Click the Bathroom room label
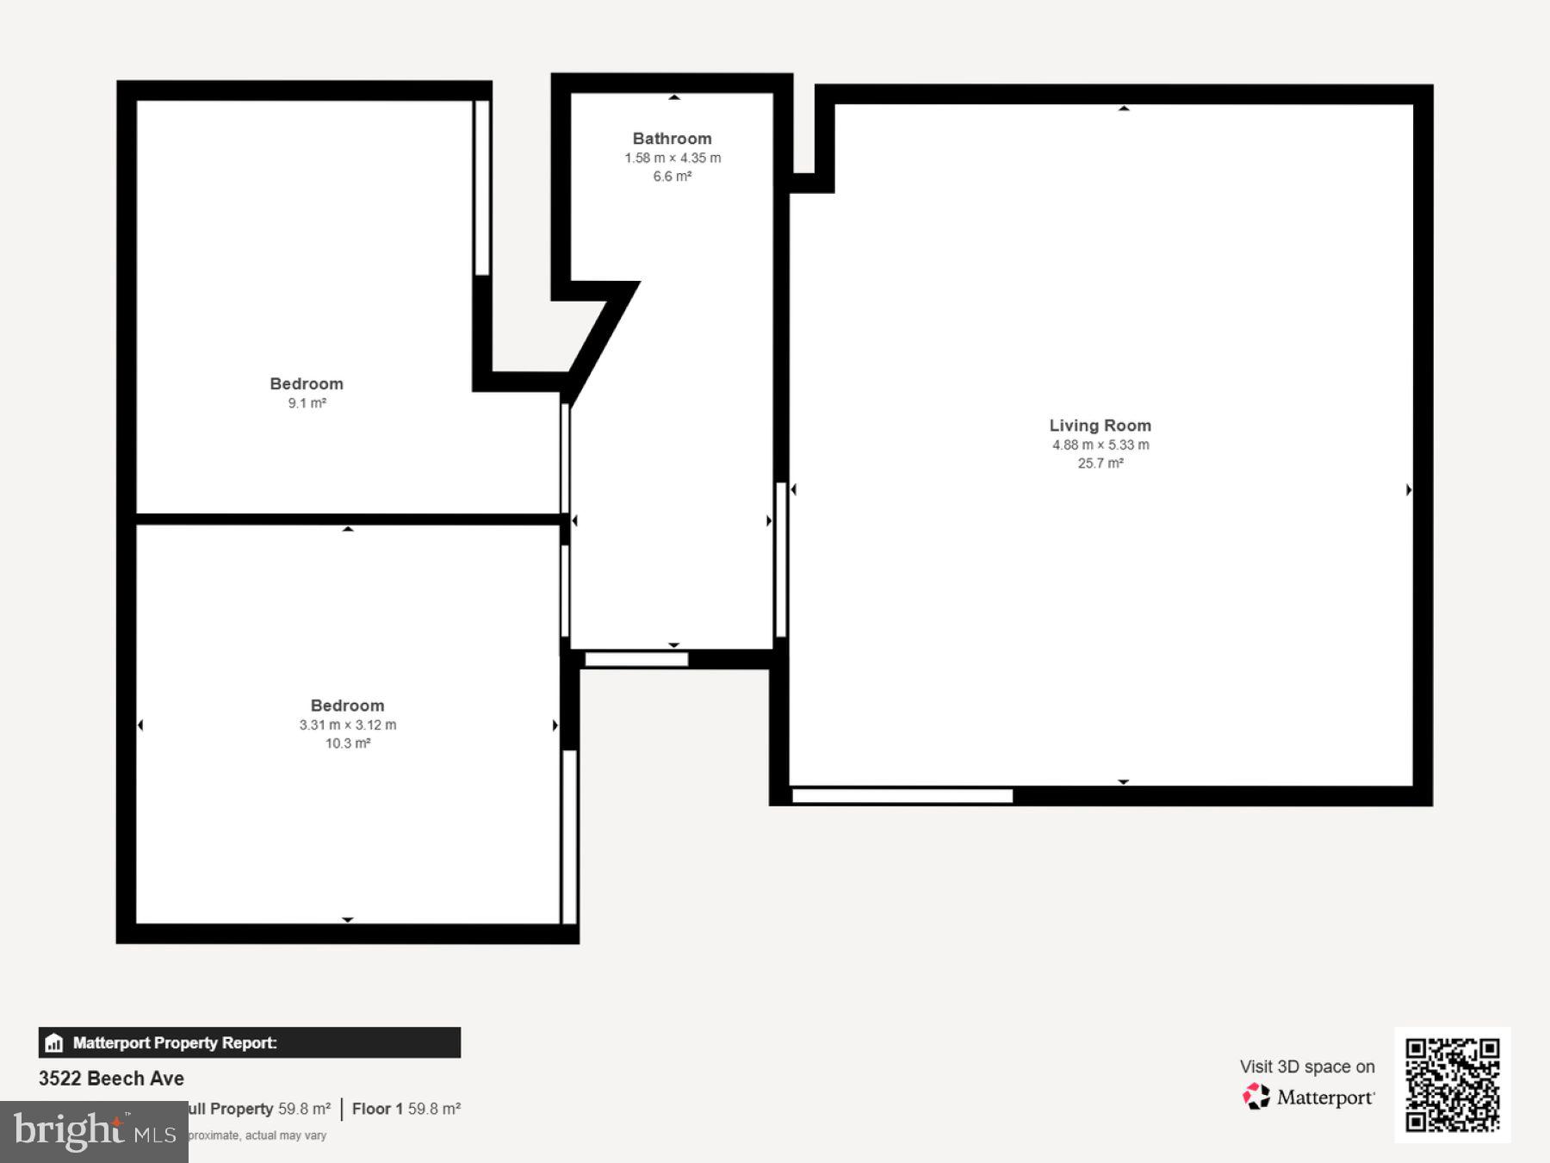(672, 139)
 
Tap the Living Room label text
(1100, 426)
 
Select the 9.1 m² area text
(307, 403)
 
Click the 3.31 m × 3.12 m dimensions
(347, 725)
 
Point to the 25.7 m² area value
(1100, 463)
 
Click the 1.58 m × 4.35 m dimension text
(672, 159)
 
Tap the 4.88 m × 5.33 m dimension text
(1100, 445)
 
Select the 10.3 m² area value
(347, 743)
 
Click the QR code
(1452, 1085)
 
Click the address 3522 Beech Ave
(111, 1079)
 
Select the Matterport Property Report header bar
(249, 1042)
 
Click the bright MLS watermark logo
(94, 1131)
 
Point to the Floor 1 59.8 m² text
(406, 1109)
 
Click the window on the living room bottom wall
(902, 796)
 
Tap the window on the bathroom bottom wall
(636, 660)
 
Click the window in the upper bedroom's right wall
(482, 188)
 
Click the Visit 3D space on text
(1306, 1067)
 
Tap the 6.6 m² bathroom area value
(672, 177)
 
